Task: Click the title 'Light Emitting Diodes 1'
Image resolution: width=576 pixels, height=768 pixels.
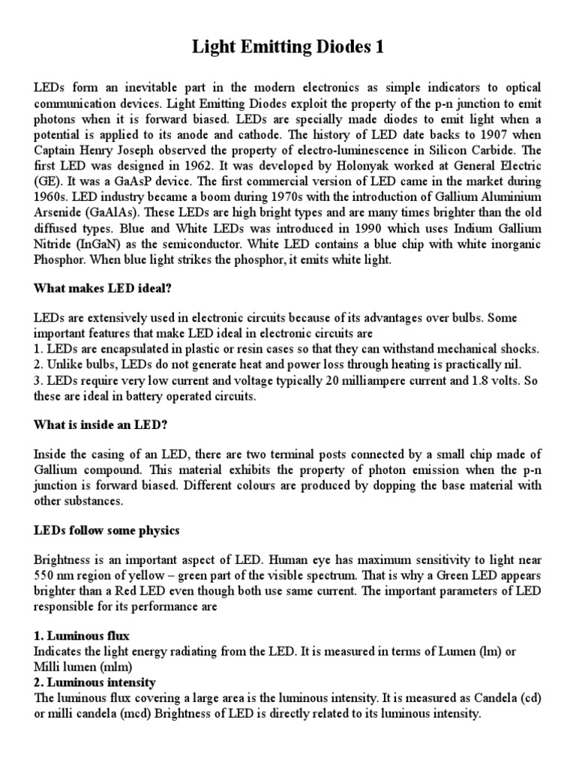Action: (x=287, y=47)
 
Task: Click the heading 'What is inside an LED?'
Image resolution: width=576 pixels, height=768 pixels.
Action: (x=100, y=424)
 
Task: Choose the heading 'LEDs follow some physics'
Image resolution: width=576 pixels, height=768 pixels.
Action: (x=106, y=530)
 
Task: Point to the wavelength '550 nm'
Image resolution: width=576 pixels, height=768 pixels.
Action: (x=56, y=576)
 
